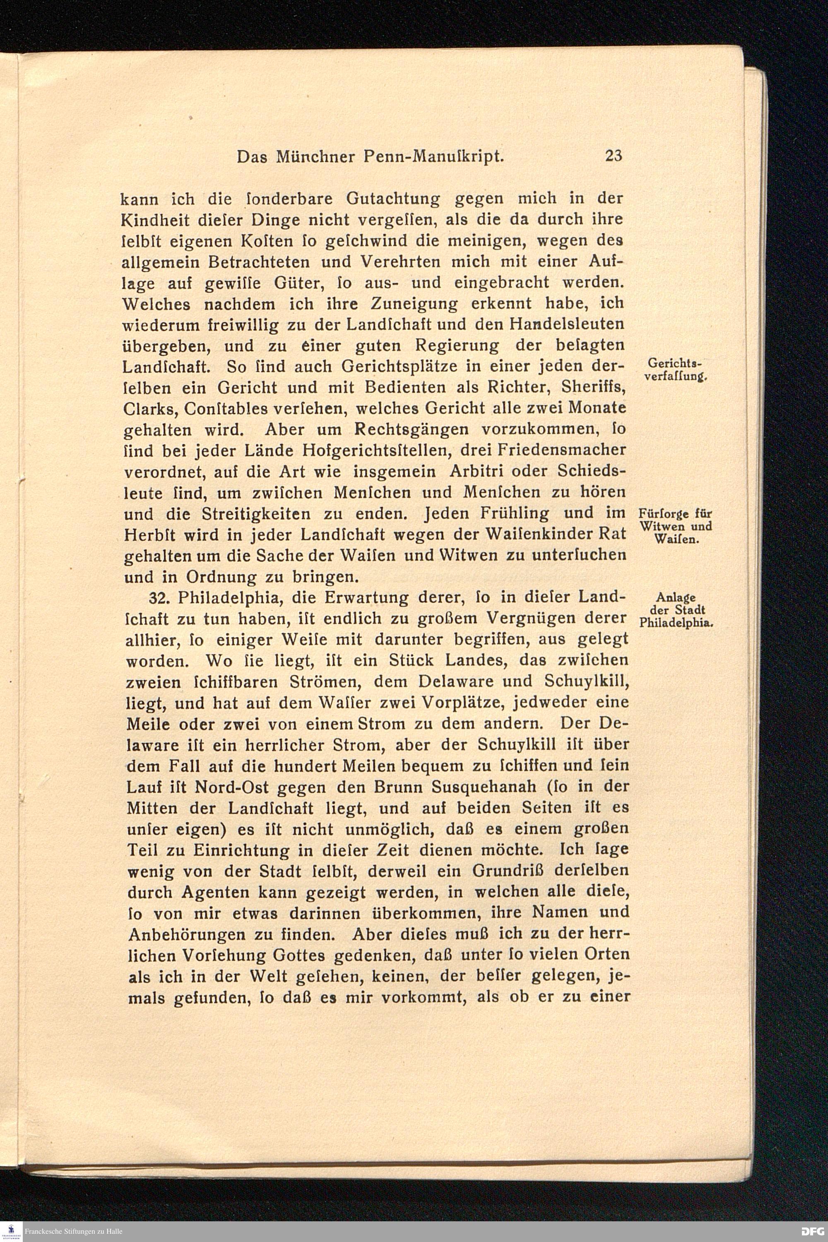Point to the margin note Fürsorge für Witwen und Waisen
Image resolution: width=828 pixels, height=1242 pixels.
(675, 526)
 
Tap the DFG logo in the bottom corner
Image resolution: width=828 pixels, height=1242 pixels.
(813, 1231)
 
